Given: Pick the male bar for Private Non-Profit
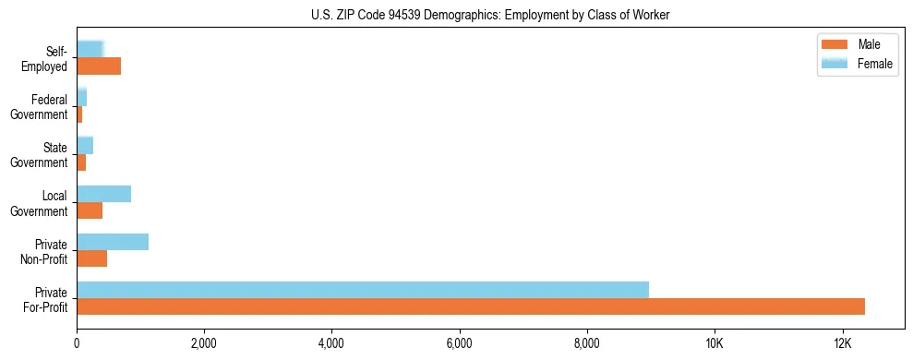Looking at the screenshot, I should (92, 258).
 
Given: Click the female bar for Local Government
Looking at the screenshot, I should (104, 194).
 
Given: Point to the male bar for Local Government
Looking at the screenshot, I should (90, 210).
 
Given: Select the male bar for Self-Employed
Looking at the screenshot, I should (99, 66).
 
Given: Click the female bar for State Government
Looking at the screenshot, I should (85, 146).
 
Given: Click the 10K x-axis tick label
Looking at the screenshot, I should (715, 342).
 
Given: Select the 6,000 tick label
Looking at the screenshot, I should (459, 342).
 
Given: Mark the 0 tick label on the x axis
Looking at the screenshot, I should (77, 342).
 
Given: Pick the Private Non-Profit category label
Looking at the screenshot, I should (45, 251).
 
